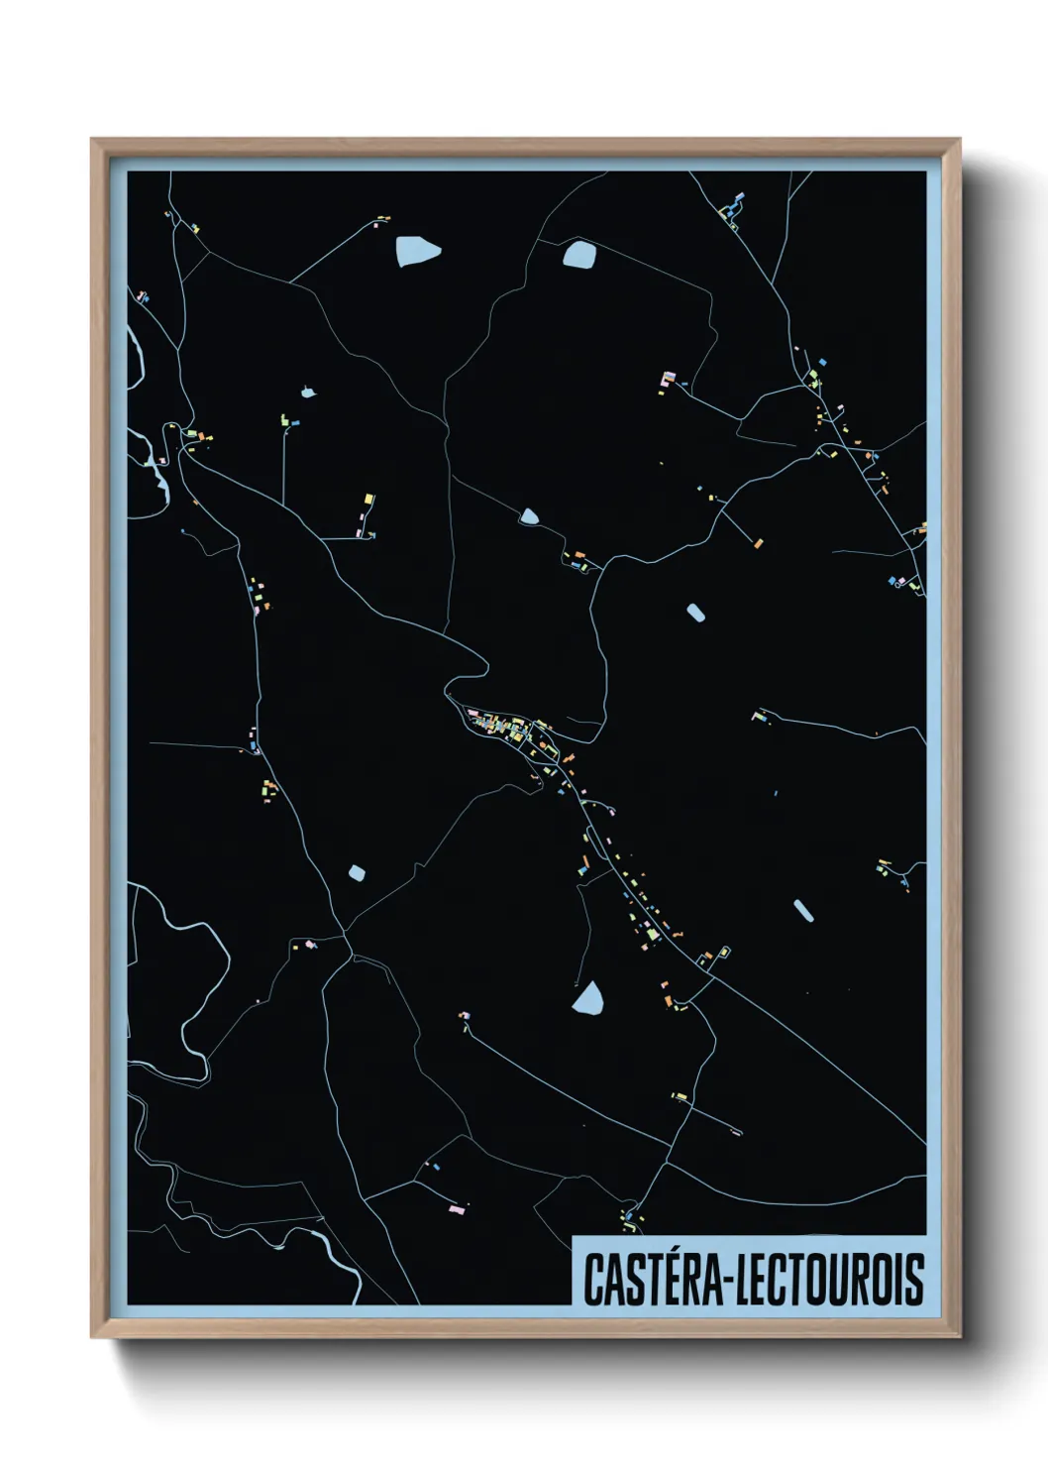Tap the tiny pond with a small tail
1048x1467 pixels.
308,393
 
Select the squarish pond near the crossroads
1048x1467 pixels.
357,873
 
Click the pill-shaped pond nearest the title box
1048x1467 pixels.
803,911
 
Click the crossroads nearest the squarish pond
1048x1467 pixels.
346,933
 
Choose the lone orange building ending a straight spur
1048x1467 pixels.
758,542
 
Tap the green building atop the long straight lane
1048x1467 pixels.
284,420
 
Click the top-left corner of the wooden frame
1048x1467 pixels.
92,140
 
